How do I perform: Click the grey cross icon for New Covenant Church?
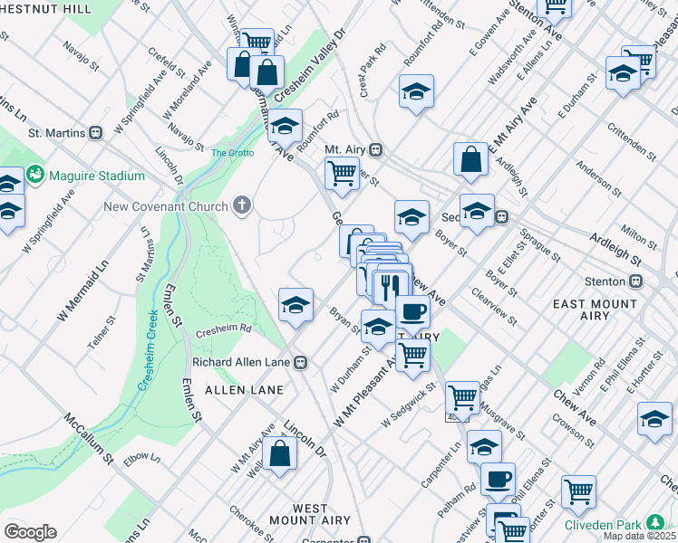coord(241,206)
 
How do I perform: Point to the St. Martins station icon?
coord(94,132)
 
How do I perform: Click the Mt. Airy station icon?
coord(375,149)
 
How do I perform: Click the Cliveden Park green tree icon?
coord(654,523)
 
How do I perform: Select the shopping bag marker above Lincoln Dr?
coord(281,454)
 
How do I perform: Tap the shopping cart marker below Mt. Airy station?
coord(341,172)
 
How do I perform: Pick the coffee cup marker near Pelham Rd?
coord(497,479)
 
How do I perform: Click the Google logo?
coord(31,532)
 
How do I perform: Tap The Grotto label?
coord(230,153)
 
